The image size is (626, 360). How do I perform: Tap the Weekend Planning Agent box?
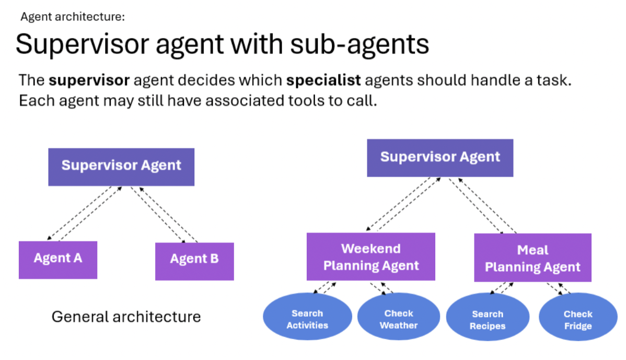371,257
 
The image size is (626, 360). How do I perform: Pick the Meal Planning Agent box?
532,258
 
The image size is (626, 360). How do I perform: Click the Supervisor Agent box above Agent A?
121,167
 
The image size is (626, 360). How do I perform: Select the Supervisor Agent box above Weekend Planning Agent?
440,157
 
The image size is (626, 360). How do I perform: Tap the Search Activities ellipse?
307,319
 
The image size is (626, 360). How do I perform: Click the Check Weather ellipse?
399,319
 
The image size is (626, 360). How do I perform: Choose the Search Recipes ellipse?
488,320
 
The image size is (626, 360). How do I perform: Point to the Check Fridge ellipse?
578,320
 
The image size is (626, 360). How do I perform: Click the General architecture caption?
126,317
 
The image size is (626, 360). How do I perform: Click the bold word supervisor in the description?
89,81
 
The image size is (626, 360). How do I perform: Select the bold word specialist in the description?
323,81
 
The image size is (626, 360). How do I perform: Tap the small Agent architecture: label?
73,17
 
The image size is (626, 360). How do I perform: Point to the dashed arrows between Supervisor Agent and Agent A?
84,213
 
